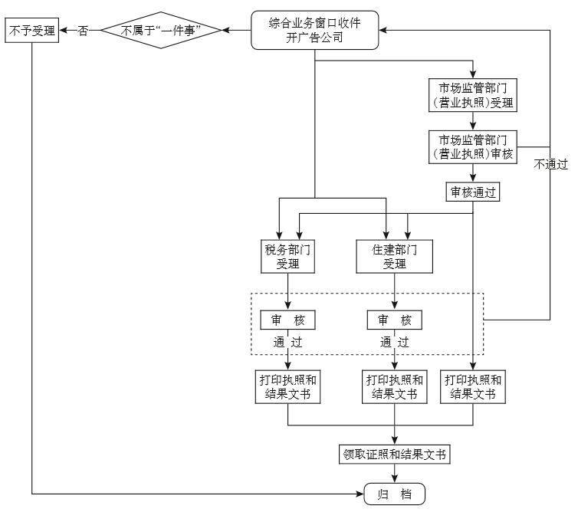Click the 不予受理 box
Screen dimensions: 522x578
(32, 31)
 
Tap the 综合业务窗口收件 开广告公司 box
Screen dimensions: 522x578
(315, 31)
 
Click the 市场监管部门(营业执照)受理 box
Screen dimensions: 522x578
(472, 94)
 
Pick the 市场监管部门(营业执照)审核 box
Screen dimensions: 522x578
(472, 146)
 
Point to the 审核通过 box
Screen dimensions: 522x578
(472, 192)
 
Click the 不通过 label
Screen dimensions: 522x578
(551, 164)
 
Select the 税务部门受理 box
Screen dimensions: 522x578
(287, 256)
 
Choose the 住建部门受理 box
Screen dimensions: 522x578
(394, 256)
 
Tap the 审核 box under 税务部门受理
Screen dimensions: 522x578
(287, 320)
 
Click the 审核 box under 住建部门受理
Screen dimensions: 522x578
(394, 320)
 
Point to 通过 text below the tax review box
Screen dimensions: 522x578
(287, 342)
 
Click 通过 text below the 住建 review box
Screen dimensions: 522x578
(394, 342)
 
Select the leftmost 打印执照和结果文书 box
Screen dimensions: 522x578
(287, 387)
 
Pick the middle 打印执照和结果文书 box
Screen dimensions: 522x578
(394, 387)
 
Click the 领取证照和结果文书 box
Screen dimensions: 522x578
(394, 455)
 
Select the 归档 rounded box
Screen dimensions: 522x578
(394, 494)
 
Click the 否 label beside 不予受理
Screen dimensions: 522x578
(84, 31)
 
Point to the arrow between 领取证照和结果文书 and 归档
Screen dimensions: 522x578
(394, 474)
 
